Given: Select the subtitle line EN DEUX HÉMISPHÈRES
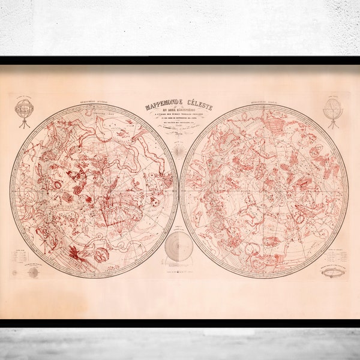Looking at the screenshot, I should click(x=179, y=114).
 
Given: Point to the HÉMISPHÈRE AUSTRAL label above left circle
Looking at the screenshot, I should click(x=90, y=103).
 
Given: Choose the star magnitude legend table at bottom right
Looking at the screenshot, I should click(x=336, y=253).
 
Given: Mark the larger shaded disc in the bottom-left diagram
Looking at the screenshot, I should click(x=33, y=272).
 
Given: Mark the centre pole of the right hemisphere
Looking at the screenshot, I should click(x=263, y=191).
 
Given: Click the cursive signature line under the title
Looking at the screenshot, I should click(x=179, y=133).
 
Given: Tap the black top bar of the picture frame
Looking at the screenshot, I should click(x=180, y=61).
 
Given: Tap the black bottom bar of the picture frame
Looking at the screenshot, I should click(x=180, y=323).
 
